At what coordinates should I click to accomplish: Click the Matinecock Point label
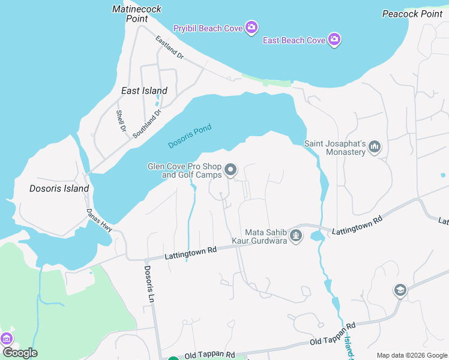(130, 14)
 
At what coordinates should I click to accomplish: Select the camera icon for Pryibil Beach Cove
(252, 27)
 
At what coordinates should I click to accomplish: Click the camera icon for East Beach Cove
(335, 40)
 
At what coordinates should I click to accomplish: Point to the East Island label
(144, 91)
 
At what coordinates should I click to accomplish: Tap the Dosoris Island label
(59, 188)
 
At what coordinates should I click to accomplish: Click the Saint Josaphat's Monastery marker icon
(375, 146)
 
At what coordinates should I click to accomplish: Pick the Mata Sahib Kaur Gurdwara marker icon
(295, 236)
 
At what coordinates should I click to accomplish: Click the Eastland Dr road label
(169, 47)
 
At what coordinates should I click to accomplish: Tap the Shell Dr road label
(121, 122)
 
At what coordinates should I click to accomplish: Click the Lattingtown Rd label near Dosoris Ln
(190, 252)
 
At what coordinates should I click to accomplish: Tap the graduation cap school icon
(400, 291)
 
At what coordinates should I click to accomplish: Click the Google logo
(20, 353)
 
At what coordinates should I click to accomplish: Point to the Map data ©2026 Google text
(411, 355)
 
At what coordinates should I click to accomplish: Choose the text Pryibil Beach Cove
(208, 28)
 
